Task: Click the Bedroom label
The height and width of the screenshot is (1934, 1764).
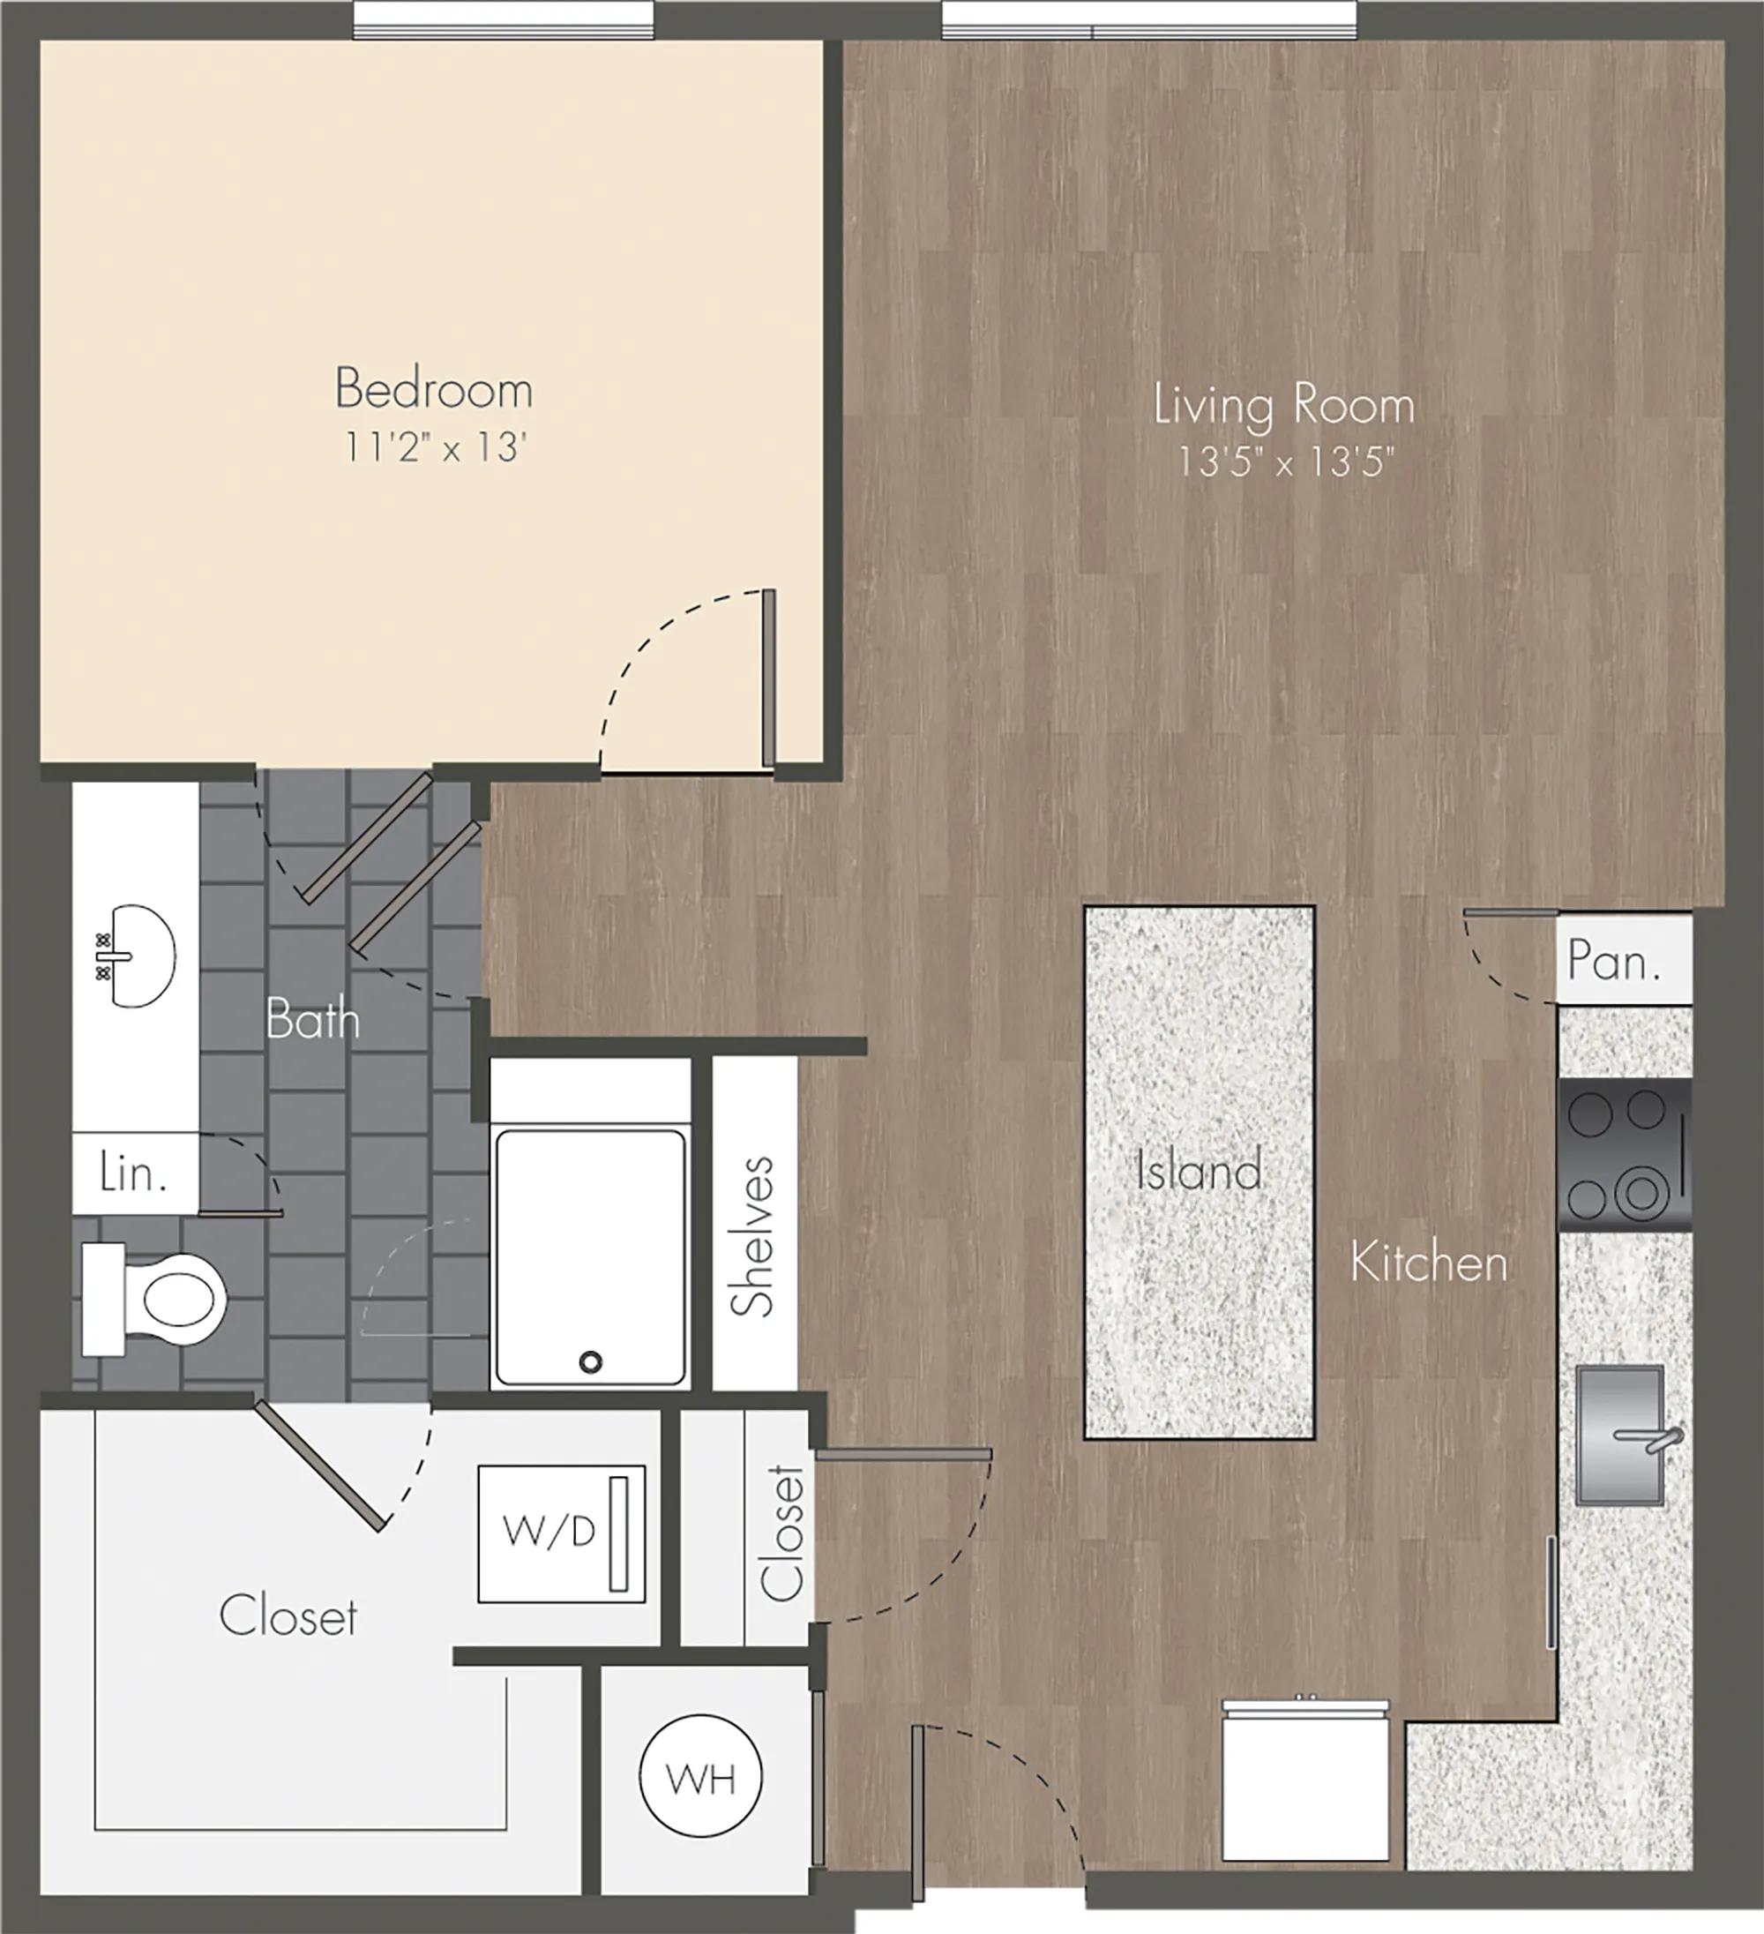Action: (434, 389)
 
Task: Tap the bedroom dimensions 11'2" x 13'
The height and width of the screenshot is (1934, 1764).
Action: (437, 448)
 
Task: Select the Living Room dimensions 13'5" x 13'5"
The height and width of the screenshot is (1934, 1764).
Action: (1284, 463)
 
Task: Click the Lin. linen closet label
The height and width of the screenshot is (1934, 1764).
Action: (134, 1174)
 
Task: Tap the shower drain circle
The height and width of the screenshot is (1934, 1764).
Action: (591, 1361)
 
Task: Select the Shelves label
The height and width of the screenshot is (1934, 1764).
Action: (753, 1237)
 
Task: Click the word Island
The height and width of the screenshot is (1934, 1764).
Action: (1198, 1172)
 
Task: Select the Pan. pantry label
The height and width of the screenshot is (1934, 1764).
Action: (1614, 960)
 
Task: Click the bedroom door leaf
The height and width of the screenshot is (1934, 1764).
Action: (768, 678)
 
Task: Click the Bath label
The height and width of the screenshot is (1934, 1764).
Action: (313, 1019)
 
